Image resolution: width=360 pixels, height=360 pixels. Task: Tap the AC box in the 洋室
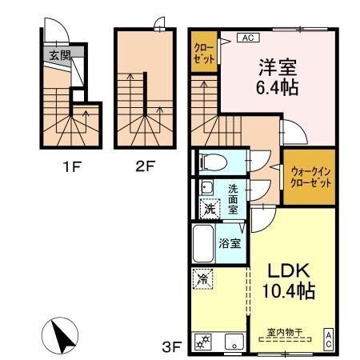[246, 38]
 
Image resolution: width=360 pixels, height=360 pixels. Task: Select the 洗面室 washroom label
[233, 199]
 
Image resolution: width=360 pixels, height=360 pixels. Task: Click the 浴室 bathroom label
[231, 243]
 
